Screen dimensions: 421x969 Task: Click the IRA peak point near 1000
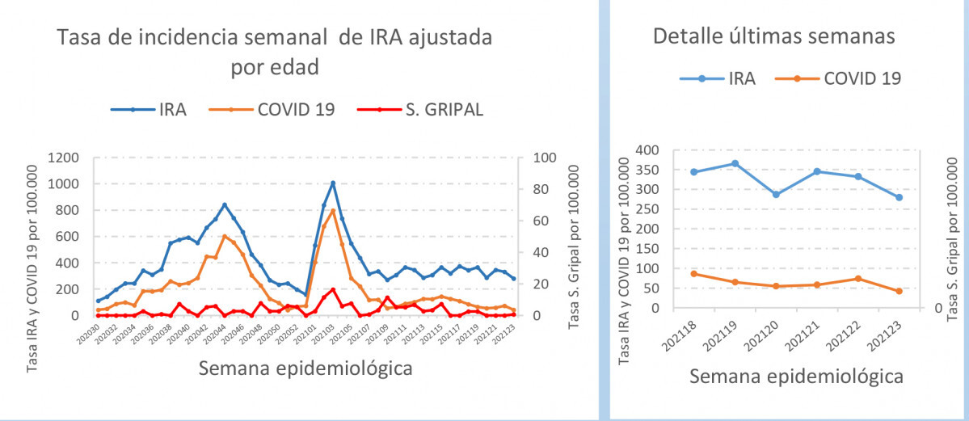(x=332, y=183)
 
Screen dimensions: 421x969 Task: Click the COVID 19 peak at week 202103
(x=332, y=211)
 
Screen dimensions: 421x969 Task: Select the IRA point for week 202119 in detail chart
(x=735, y=163)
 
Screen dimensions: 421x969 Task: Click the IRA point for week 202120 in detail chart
(x=776, y=195)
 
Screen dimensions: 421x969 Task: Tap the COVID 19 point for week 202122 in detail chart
(x=858, y=279)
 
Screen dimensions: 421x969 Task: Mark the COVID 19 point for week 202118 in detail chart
(x=693, y=274)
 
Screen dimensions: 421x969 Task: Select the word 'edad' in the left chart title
(x=296, y=67)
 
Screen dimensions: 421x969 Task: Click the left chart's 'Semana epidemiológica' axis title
(x=305, y=368)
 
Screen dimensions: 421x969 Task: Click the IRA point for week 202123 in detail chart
(x=899, y=197)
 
